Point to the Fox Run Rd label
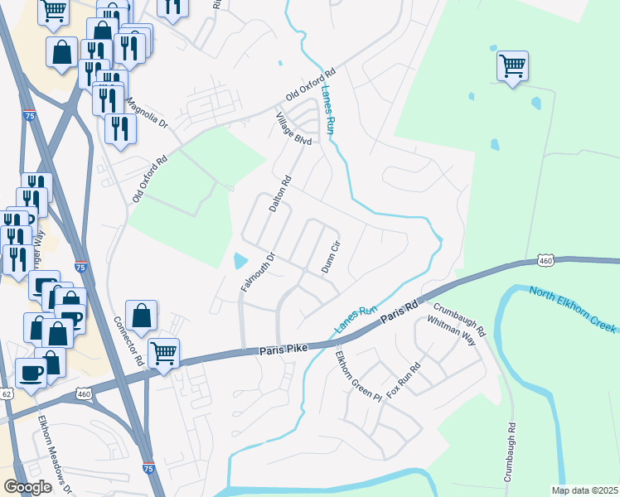404,379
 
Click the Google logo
27,487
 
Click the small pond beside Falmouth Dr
240,261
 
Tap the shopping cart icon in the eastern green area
513,65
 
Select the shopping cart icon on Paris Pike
164,352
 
